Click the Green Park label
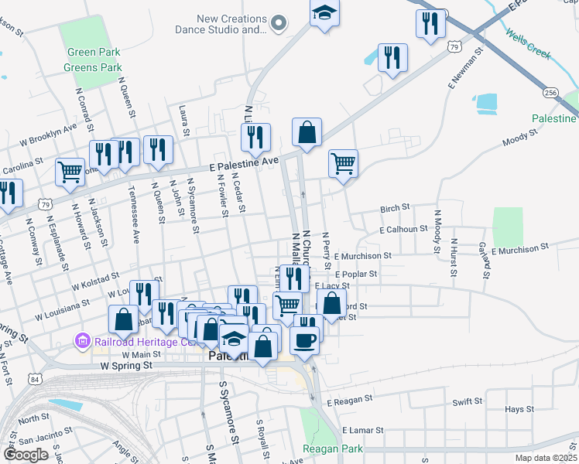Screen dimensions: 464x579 pos(92,53)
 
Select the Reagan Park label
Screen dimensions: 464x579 pos(333,449)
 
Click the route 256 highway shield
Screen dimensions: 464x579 pos(550,93)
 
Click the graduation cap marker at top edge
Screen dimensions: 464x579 pos(325,12)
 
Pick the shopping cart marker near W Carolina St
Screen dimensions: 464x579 pos(70,171)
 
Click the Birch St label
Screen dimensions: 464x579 pos(394,209)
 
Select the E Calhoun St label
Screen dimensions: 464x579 pos(403,229)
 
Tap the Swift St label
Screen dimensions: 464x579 pos(467,402)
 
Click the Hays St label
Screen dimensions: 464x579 pos(514,409)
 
